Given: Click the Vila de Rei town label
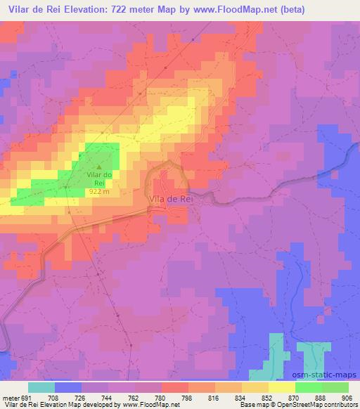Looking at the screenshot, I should pos(171,200).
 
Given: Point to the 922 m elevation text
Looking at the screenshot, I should pos(98,190).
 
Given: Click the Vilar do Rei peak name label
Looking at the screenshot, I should pos(99,178).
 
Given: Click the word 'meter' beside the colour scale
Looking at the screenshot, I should pos(10,397).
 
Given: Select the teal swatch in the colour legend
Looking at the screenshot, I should pos(41,387).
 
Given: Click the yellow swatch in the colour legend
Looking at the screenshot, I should pos(281,387).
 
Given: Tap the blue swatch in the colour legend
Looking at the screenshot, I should pos(68,387).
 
